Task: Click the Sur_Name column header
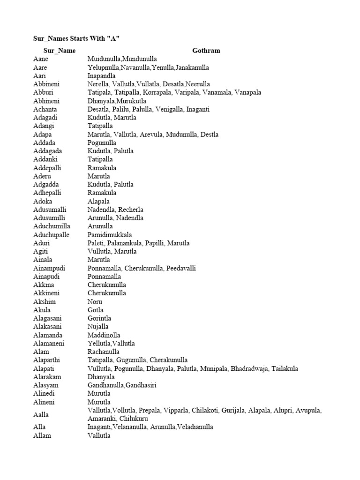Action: tap(60, 51)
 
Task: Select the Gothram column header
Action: tap(206, 51)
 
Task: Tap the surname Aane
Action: tap(41, 59)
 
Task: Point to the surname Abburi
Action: tap(43, 92)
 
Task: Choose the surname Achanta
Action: tap(45, 109)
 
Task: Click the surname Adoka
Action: tap(43, 201)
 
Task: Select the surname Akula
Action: tap(42, 310)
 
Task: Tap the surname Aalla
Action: tap(41, 414)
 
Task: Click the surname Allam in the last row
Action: tap(42, 435)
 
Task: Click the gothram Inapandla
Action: tap(102, 75)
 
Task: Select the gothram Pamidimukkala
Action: tap(110, 234)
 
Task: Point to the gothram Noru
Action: tap(95, 301)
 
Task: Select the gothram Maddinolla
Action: tap(104, 335)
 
